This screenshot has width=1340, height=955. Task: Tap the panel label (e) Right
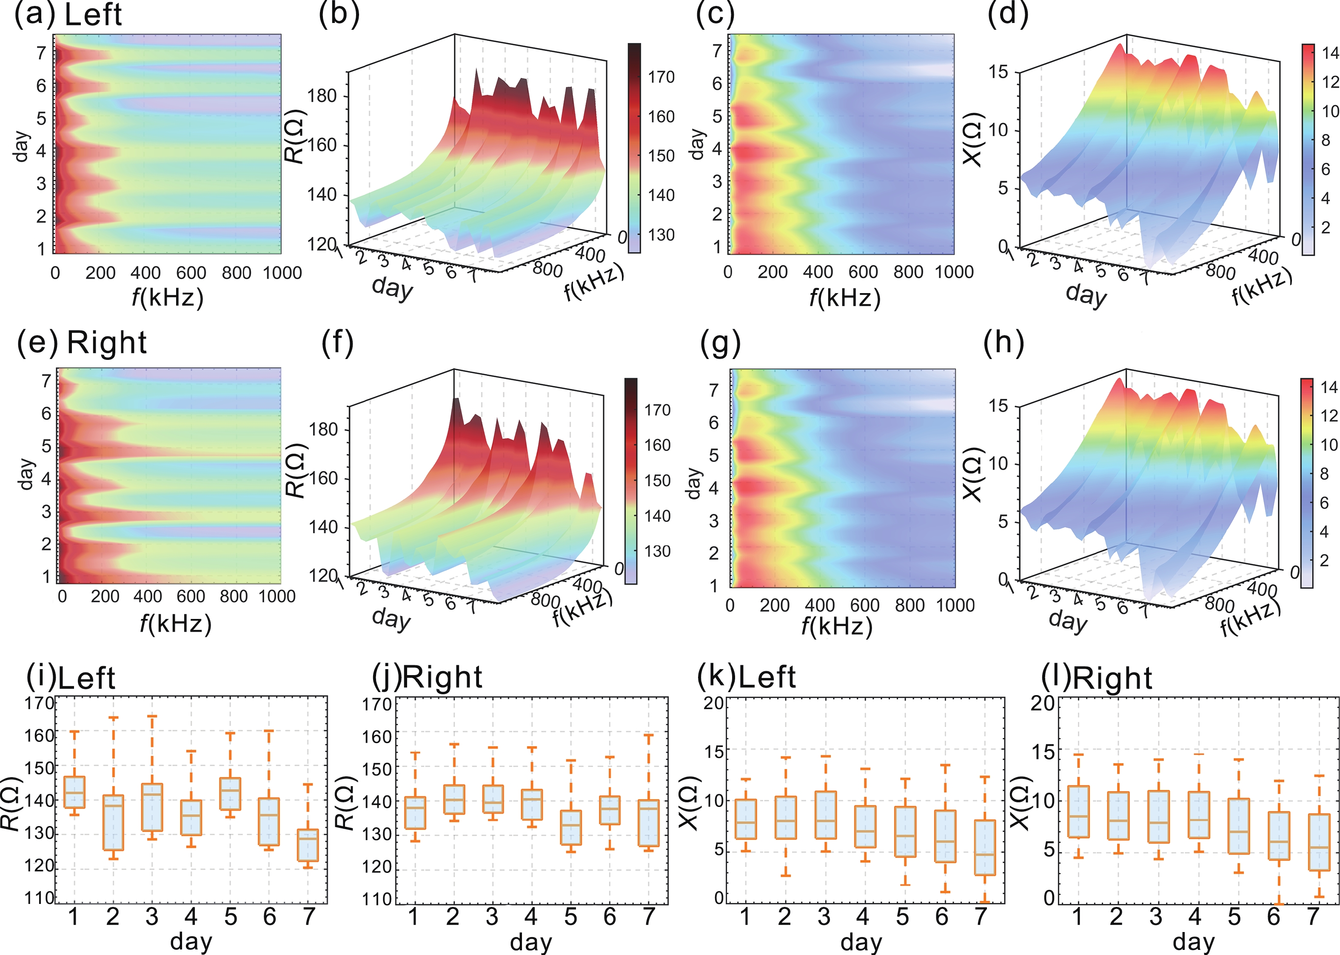point(82,343)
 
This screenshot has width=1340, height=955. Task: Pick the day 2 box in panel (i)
point(113,822)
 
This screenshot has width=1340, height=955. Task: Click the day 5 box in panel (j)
point(570,827)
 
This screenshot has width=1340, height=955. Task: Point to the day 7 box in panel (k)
point(984,847)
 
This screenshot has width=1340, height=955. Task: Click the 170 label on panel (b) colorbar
point(661,77)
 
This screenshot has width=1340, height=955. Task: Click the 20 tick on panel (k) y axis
point(713,703)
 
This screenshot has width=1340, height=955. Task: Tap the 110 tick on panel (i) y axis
point(39,898)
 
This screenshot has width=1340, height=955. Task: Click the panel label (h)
point(1003,342)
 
